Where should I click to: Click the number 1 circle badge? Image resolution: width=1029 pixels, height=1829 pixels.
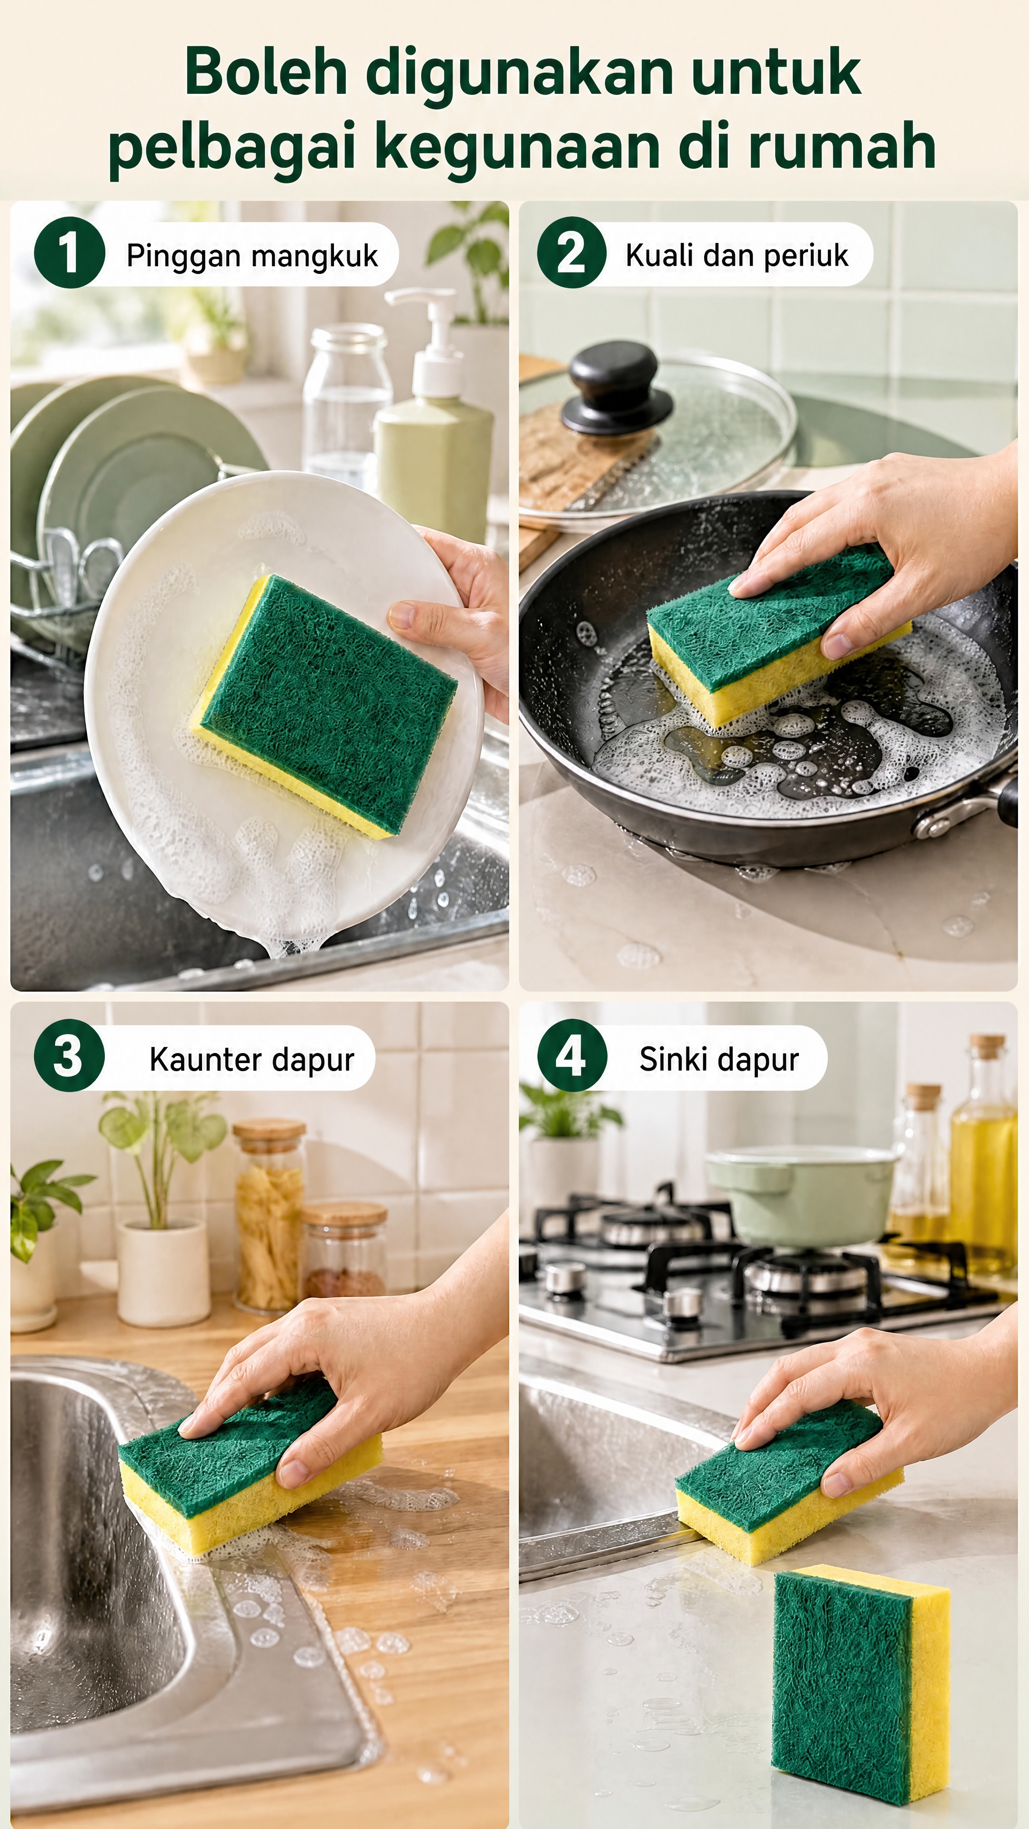coord(69,253)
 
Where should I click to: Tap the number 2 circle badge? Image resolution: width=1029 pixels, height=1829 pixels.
coord(572,253)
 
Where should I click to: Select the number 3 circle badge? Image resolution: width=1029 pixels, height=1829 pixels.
coord(69,1056)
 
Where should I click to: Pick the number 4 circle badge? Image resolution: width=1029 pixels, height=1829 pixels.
coord(572,1056)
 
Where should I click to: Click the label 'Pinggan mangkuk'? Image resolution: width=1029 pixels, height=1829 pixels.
coord(252,256)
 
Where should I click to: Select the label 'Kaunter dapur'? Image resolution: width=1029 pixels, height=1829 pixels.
coord(252,1059)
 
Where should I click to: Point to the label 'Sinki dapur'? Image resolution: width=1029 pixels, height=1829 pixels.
coord(719,1059)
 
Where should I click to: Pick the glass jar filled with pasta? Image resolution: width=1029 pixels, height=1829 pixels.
coord(270,1214)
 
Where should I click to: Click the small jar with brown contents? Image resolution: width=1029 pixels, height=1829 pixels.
coord(344,1250)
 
